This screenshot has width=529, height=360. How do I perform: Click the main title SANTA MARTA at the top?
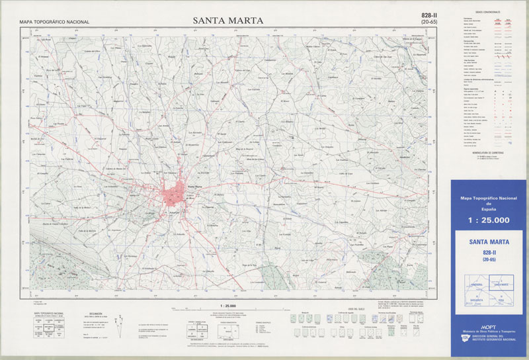(228, 21)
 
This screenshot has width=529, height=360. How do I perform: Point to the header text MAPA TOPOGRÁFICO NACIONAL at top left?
(54, 22)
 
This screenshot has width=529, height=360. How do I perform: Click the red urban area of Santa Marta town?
(176, 194)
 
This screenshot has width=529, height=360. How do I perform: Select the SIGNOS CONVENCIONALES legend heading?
(487, 12)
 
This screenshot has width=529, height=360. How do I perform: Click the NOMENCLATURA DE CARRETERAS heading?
(486, 152)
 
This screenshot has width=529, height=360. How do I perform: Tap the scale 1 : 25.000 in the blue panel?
(489, 220)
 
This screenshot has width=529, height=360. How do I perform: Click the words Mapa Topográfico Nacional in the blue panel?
(489, 199)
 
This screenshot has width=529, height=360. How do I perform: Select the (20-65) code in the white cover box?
(489, 260)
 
